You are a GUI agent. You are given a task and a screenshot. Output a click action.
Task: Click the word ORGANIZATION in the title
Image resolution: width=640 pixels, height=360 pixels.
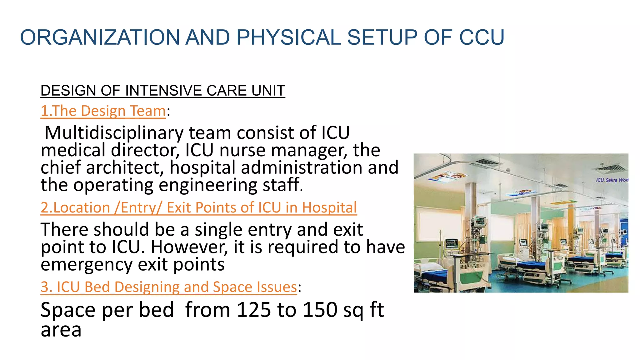point(99,37)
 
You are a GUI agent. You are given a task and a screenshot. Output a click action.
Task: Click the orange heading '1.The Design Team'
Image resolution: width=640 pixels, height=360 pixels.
point(103,111)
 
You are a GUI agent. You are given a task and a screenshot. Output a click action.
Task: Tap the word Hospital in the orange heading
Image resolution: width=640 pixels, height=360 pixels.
point(329,208)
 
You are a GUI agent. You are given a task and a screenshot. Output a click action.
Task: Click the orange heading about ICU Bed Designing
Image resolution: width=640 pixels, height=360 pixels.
point(169,287)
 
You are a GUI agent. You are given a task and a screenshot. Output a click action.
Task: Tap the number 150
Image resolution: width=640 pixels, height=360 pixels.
point(320,310)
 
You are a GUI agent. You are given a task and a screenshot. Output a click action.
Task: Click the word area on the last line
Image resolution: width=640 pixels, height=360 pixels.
point(61,330)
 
